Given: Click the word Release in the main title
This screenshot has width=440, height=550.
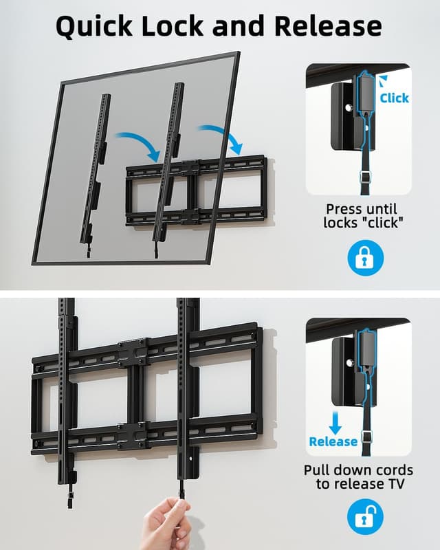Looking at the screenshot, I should [328, 26].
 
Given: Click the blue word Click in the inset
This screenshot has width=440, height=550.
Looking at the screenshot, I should [394, 98].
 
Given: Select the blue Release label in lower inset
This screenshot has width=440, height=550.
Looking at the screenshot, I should [333, 441].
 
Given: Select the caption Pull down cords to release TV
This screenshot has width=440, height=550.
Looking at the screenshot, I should [358, 476].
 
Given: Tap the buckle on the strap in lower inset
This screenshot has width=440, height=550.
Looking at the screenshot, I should [367, 435].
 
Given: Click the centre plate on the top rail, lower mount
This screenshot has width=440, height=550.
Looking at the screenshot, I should [132, 351].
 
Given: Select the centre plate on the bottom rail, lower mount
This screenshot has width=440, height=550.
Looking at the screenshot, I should [132, 434].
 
